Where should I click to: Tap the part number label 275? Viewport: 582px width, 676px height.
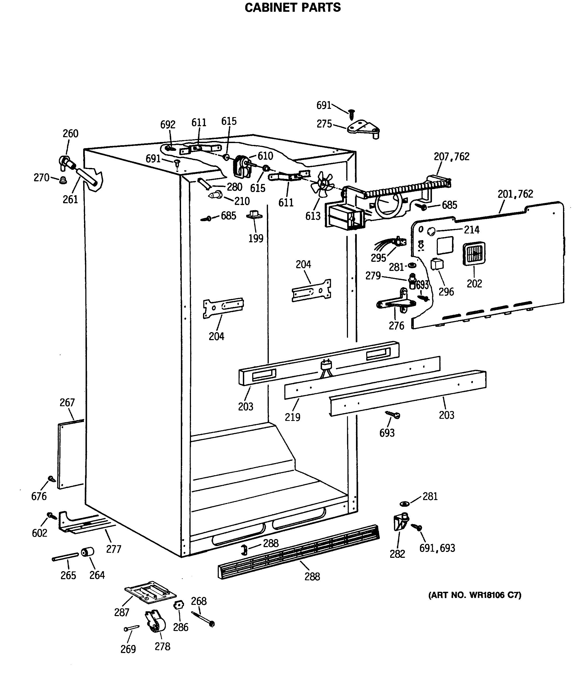tap(324, 124)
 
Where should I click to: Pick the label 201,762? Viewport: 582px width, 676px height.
tap(515, 194)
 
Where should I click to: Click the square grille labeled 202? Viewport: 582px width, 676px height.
tap(474, 253)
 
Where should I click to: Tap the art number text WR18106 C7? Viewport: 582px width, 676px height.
tap(474, 595)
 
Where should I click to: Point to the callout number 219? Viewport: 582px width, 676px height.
tap(292, 417)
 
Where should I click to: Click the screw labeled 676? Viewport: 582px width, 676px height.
tap(52, 479)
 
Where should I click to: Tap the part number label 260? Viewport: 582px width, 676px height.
tap(71, 133)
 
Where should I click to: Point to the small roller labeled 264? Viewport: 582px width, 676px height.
tap(87, 552)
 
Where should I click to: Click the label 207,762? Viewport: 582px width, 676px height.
tap(451, 157)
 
